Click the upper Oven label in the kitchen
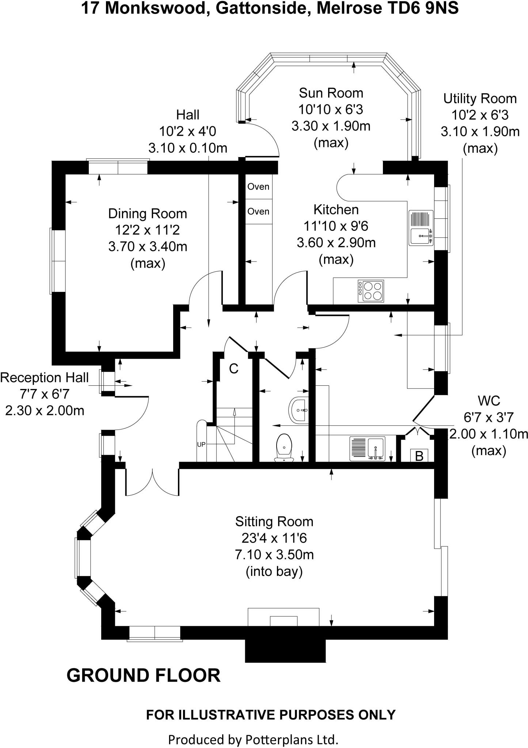[258, 187]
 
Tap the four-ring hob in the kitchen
[371, 291]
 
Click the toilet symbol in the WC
[284, 447]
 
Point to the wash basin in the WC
[299, 410]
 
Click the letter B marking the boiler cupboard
[419, 456]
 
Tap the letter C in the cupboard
[233, 369]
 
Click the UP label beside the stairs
[201, 444]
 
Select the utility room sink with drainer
[366, 449]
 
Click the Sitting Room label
[274, 521]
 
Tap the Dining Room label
[147, 213]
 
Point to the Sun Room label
[331, 93]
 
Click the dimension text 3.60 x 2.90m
[336, 243]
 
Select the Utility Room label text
[480, 99]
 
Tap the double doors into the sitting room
[152, 482]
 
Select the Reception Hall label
[44, 377]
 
